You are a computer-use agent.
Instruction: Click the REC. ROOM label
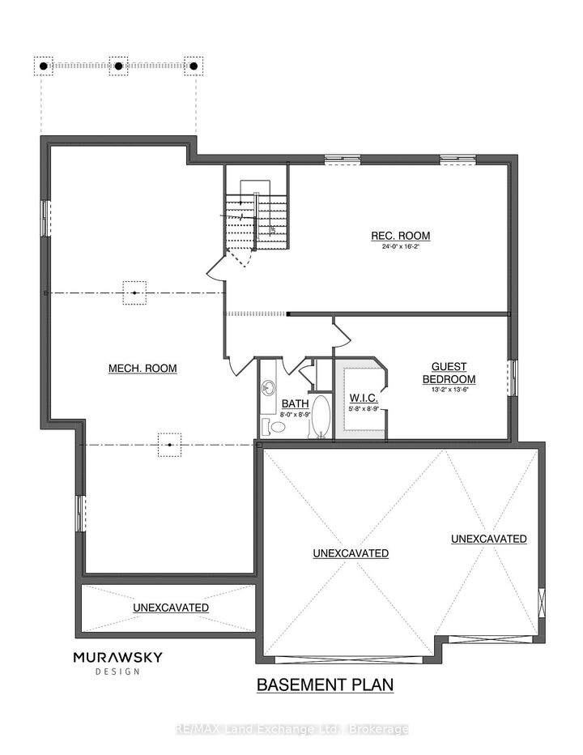[401, 236]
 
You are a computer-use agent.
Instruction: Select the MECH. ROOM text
[143, 369]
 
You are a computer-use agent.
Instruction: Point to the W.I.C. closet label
[360, 398]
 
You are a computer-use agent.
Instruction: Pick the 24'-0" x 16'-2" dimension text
[401, 248]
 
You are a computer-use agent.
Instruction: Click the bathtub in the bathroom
[321, 417]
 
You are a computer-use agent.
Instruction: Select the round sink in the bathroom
[269, 388]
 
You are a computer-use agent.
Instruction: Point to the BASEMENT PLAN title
[325, 685]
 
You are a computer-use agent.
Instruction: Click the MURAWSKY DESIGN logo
[117, 662]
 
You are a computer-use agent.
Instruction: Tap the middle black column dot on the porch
[118, 66]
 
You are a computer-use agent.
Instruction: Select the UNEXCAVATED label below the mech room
[171, 607]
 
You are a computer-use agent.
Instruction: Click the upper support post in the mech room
[134, 292]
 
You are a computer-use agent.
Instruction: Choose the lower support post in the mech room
[169, 445]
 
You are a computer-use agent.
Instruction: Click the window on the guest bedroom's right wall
[513, 377]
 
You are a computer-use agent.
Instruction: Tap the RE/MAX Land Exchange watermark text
[291, 729]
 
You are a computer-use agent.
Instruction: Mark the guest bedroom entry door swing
[340, 331]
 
